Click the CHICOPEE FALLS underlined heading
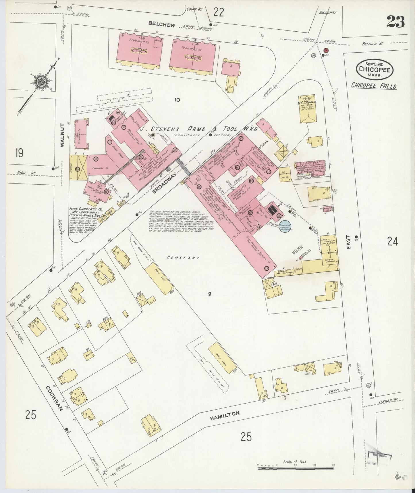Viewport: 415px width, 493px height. [374, 86]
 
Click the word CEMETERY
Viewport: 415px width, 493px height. [184, 258]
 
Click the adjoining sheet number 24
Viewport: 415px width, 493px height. [392, 242]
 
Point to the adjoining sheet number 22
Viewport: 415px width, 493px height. [219, 12]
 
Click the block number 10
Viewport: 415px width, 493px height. [177, 100]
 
